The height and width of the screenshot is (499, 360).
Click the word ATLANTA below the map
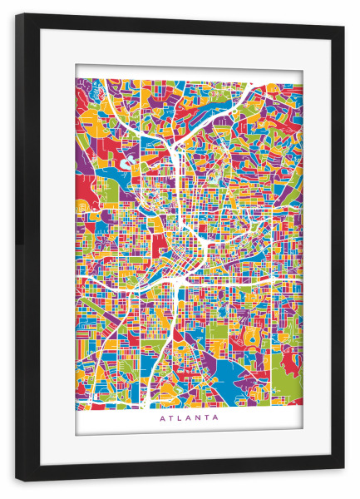pyautogui.click(x=189, y=418)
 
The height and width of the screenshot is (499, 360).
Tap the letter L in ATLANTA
pyautogui.click(x=179, y=418)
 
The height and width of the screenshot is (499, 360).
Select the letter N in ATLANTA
pyautogui.click(x=198, y=418)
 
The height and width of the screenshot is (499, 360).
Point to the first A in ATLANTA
pyautogui.click(x=161, y=418)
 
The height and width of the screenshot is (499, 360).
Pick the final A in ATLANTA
pyautogui.click(x=216, y=418)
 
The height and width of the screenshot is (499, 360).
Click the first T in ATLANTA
pyautogui.click(x=170, y=418)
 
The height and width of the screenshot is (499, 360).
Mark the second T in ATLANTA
pyautogui.click(x=207, y=418)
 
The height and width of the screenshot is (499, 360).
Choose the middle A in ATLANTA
pyautogui.click(x=188, y=418)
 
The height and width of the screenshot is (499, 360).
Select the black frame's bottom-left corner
pyautogui.click(x=16, y=481)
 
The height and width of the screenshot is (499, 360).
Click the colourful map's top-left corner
pyautogui.click(x=76, y=80)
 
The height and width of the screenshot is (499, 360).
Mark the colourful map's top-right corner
pyautogui.click(x=302, y=80)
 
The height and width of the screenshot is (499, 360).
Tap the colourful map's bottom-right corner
pyautogui.click(x=302, y=405)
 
